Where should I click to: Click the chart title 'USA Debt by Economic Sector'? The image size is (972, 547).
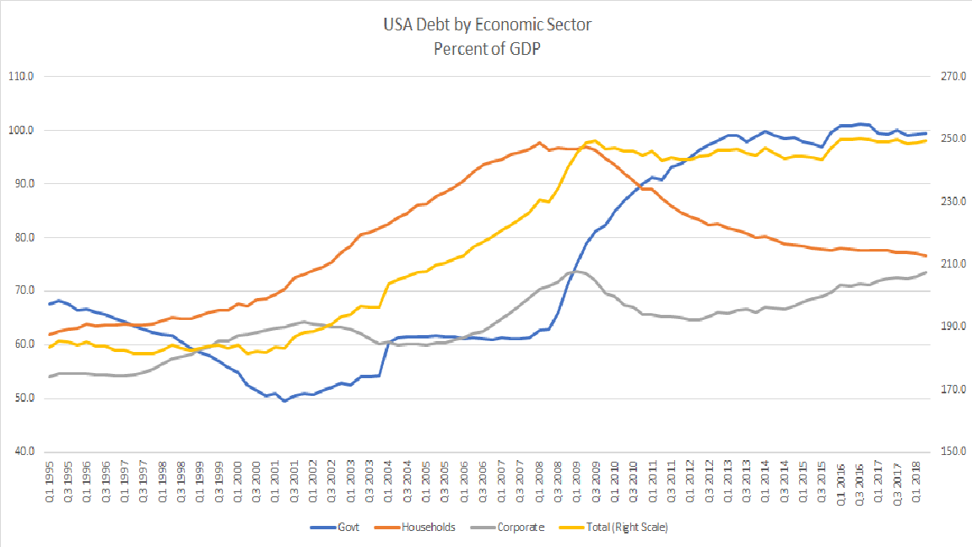pyautogui.click(x=485, y=24)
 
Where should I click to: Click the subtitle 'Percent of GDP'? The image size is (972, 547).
pyautogui.click(x=486, y=48)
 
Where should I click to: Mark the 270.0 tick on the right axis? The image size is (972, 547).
pyautogui.click(x=943, y=77)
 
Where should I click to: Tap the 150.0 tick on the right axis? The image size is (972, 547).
pyautogui.click(x=943, y=452)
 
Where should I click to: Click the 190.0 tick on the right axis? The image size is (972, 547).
pyautogui.click(x=943, y=327)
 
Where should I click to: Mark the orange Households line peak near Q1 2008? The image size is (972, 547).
pyautogui.click(x=539, y=143)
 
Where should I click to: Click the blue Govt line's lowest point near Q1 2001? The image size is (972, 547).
pyautogui.click(x=284, y=401)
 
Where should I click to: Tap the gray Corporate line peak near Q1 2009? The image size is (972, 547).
pyautogui.click(x=575, y=272)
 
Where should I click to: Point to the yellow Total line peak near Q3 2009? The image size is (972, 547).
pyautogui.click(x=595, y=141)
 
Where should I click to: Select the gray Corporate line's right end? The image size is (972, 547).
pyautogui.click(x=926, y=272)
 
